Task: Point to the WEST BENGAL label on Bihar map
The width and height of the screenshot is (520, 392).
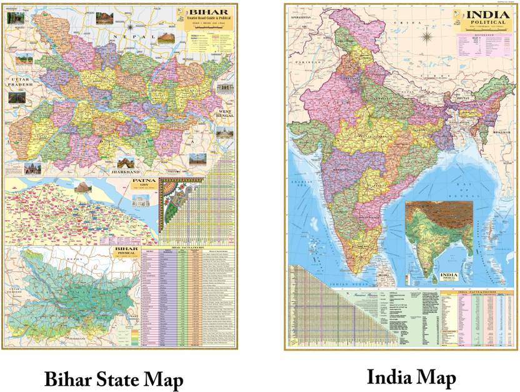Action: click(x=222, y=116)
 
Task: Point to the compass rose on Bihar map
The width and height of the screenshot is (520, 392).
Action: click(x=130, y=28)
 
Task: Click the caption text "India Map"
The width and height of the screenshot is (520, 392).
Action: click(x=411, y=377)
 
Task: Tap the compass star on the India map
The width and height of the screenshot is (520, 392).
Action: click(x=427, y=36)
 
